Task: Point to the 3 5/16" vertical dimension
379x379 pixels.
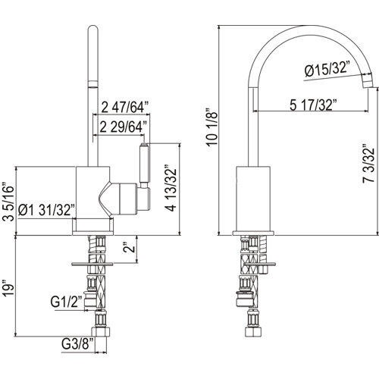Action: pos(8,202)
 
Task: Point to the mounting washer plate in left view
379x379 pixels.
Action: pos(92,265)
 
